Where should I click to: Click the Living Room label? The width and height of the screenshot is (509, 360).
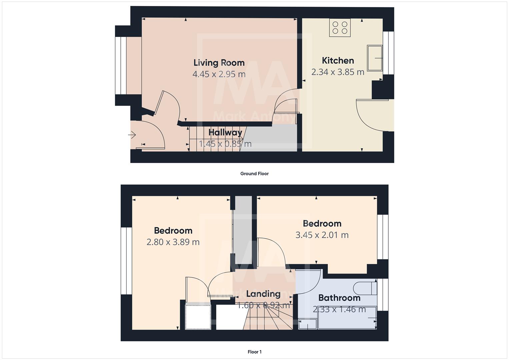click(x=219, y=63)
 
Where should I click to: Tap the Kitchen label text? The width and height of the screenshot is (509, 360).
click(x=338, y=61)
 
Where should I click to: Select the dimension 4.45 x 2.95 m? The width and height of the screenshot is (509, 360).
click(x=219, y=74)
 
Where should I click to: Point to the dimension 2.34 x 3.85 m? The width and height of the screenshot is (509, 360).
click(x=338, y=72)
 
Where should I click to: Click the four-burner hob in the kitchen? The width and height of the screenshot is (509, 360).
click(x=340, y=28)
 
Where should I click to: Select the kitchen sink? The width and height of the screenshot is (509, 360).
click(x=375, y=58)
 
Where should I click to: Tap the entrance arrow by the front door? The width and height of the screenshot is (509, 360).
click(x=132, y=135)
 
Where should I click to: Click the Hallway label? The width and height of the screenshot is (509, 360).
click(x=225, y=132)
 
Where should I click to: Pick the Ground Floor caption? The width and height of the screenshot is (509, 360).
click(x=254, y=174)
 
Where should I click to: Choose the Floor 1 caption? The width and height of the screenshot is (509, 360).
click(x=254, y=352)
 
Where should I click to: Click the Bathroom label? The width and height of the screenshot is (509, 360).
click(x=339, y=298)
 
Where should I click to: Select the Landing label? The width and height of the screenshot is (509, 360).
click(x=263, y=294)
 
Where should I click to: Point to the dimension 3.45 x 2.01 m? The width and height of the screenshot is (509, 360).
click(x=322, y=235)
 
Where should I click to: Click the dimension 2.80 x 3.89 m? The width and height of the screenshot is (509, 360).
click(x=173, y=242)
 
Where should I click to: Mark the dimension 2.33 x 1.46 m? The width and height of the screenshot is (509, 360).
click(x=339, y=309)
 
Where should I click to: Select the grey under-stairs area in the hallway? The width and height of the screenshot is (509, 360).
click(x=270, y=138)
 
